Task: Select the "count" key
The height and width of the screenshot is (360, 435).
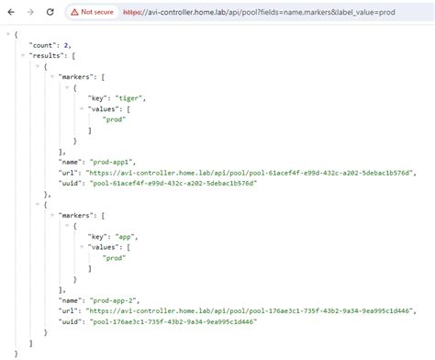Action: pos(40,44)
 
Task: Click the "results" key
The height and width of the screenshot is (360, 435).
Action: pos(44,55)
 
